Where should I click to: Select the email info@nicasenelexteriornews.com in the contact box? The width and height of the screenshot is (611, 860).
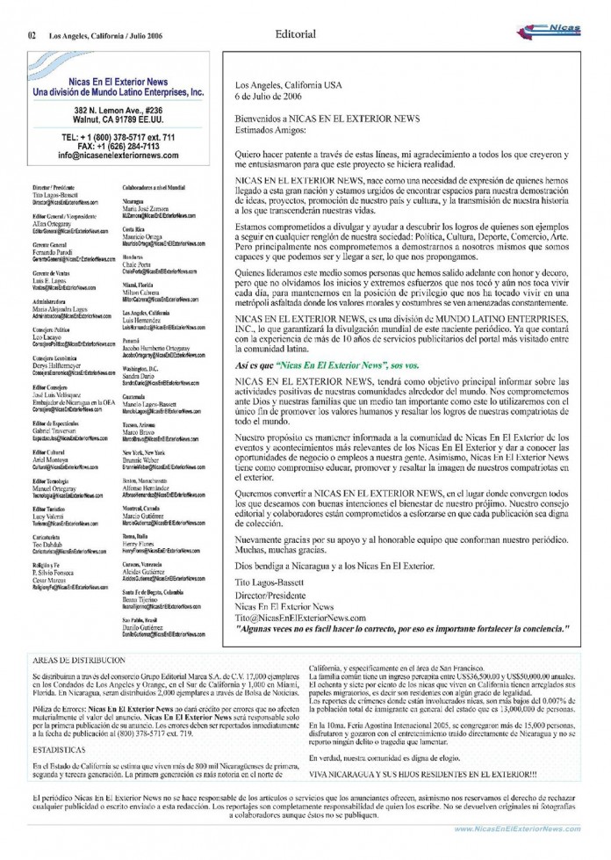tap(119, 155)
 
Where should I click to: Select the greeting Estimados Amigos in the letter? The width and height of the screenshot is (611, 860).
tap(270, 132)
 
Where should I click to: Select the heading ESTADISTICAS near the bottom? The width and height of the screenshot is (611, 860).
tap(58, 750)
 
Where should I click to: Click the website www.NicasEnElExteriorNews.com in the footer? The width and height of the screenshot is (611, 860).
tap(517, 828)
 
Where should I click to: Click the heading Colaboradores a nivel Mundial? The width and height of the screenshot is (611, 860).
tap(154, 188)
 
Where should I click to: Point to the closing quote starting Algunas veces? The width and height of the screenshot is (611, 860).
tap(402, 629)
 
